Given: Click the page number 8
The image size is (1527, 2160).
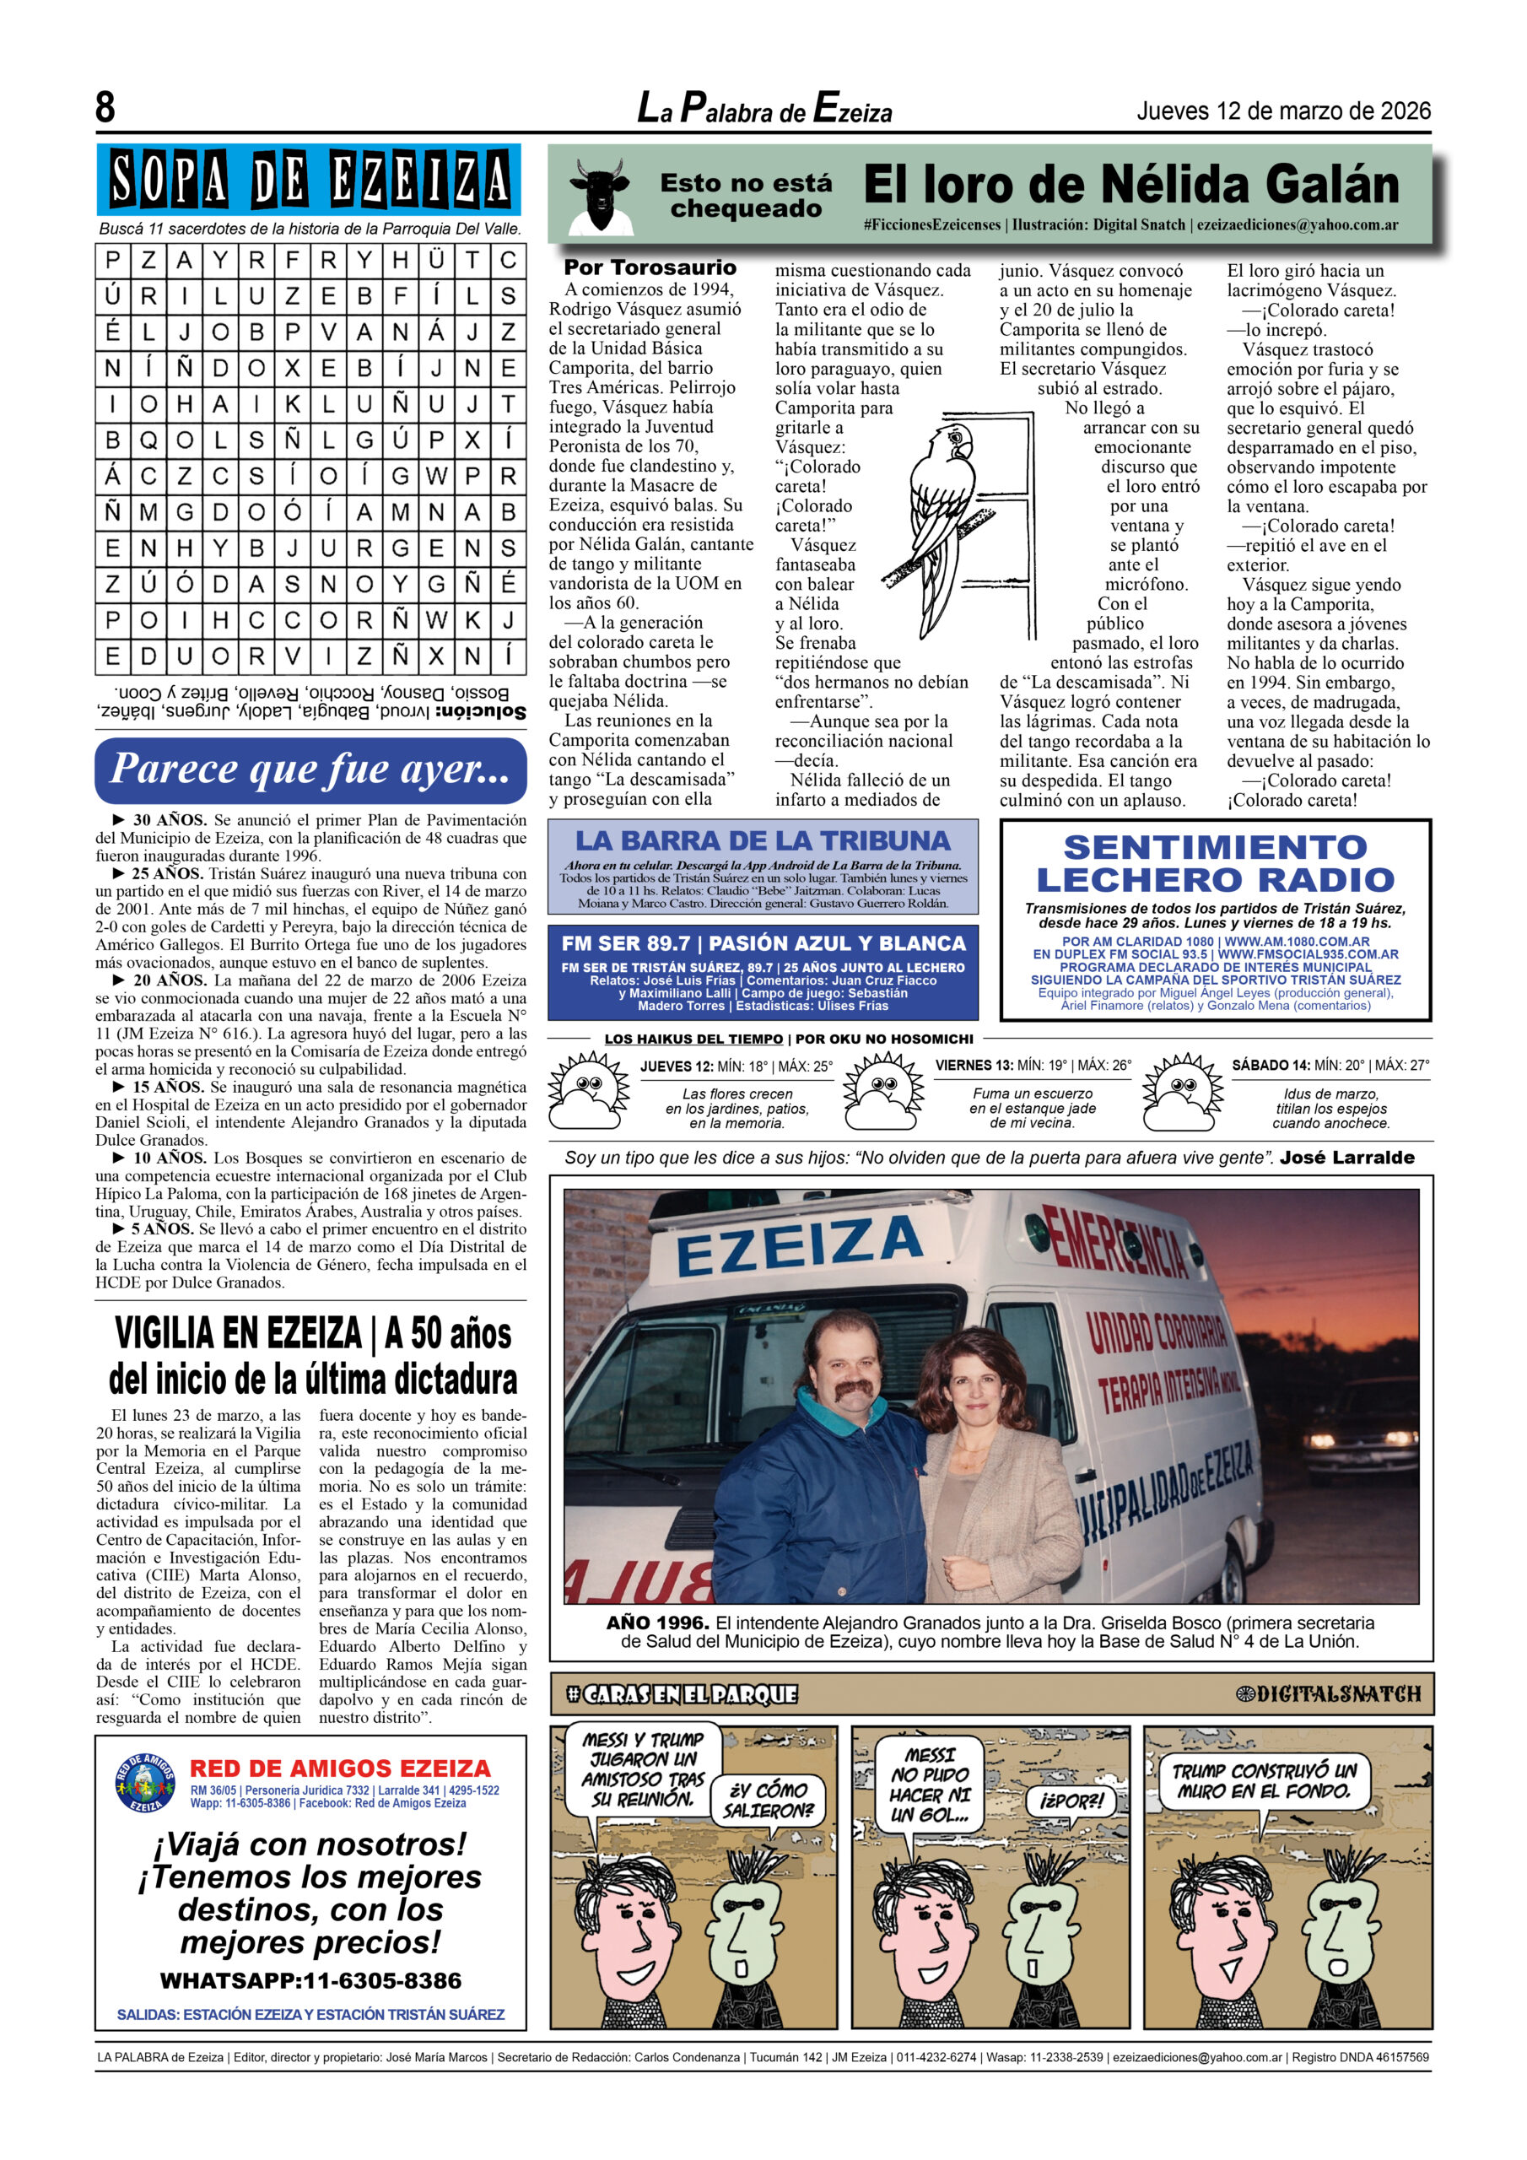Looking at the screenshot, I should click(x=105, y=106).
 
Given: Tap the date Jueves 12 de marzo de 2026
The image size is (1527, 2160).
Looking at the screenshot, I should click(x=1283, y=111).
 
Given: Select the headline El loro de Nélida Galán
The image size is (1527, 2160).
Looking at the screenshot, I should click(x=1130, y=185).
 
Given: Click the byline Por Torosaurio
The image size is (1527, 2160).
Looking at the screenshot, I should click(x=650, y=268).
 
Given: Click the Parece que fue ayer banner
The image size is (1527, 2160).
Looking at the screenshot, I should click(x=310, y=769).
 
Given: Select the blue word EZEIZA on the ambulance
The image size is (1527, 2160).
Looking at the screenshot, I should click(x=797, y=1244).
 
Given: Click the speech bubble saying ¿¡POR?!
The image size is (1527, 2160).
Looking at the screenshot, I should click(x=1071, y=1801).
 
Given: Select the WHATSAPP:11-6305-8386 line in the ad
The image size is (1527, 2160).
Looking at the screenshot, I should click(x=310, y=1980).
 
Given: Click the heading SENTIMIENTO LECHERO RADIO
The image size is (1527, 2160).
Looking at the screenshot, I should click(x=1215, y=862).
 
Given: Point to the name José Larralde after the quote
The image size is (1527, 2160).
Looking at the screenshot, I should click(x=1346, y=1157).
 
